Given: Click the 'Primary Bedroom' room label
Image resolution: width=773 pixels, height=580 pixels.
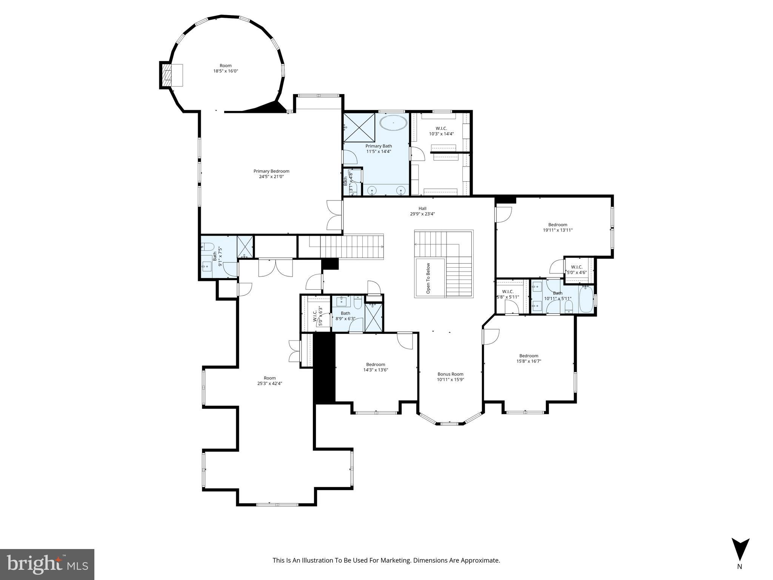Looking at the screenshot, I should (271, 171).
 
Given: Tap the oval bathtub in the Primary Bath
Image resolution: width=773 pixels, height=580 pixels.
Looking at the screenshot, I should (393, 123).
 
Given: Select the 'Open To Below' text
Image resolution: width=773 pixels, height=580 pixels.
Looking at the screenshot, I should (428, 278).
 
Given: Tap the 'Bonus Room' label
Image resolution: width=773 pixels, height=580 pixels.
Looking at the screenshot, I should (450, 374).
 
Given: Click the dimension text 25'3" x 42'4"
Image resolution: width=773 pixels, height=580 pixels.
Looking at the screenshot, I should (269, 383).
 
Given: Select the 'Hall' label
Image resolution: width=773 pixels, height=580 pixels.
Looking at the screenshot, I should (422, 208).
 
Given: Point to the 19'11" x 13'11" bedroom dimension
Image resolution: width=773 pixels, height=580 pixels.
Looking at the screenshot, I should (557, 230).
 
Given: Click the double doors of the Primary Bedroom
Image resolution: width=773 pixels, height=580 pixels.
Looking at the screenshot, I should (334, 215).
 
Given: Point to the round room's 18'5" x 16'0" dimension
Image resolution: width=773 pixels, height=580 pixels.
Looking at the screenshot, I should (226, 71).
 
